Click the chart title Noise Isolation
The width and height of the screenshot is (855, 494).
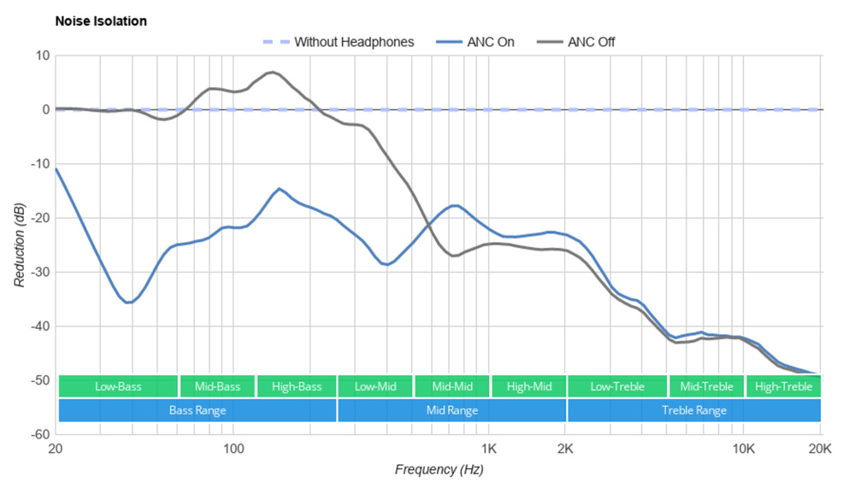point(101,21)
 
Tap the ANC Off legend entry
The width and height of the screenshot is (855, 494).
point(591,41)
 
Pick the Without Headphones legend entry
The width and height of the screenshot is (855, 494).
point(353,41)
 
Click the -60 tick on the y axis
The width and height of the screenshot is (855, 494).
point(40,434)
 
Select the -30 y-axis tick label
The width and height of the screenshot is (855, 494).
point(40,272)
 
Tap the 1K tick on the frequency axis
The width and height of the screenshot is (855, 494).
point(488,448)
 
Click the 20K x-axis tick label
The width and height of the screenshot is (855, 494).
point(820,448)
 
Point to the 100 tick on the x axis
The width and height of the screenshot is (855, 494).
point(233,448)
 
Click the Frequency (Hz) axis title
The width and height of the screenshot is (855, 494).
point(439,469)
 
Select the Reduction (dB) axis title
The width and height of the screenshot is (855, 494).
point(20,245)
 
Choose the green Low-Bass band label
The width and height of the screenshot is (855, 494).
point(118,386)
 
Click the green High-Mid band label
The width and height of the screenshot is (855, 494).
point(528,386)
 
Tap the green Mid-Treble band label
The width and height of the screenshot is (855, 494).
point(706,386)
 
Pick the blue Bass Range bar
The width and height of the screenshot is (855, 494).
point(198,410)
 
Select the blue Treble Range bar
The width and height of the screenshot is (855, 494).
point(694,410)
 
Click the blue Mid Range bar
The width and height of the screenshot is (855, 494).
point(451,410)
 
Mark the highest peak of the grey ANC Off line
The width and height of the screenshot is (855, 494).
point(271,73)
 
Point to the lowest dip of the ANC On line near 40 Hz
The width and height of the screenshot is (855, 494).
point(128,303)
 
